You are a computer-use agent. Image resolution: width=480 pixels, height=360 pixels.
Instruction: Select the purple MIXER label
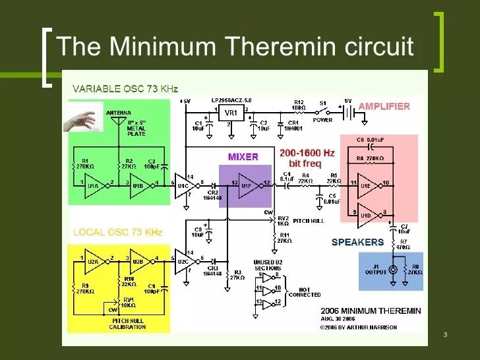point(243,157)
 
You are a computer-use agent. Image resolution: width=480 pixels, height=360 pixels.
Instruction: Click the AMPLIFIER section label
point(384,106)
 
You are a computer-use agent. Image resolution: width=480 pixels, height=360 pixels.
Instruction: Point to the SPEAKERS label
point(357,242)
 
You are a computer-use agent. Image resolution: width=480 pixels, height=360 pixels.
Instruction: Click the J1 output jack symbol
point(394,270)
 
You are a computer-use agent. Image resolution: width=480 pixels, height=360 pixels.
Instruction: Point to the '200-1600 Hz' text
point(307,153)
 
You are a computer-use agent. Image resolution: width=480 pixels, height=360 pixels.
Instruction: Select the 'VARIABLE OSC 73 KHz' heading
point(125,88)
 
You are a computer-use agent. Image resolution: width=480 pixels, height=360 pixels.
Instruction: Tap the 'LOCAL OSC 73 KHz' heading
point(117,233)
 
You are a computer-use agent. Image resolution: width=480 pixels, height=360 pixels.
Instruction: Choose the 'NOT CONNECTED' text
point(305,292)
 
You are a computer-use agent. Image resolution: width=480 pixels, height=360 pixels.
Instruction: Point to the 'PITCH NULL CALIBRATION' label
point(128,323)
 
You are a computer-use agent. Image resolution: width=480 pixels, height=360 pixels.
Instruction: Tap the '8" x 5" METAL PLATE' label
point(137,129)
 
